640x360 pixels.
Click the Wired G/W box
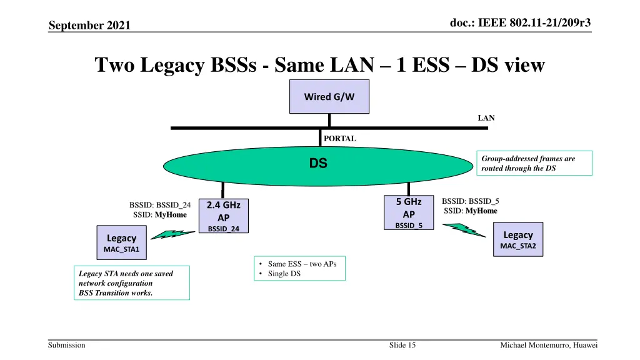(329, 97)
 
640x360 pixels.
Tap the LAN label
(486, 117)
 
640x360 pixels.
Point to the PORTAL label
(340, 139)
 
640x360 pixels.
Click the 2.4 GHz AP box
(223, 216)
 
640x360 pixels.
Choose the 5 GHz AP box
(409, 213)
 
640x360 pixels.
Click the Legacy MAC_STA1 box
(121, 243)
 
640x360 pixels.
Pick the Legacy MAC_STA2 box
(518, 239)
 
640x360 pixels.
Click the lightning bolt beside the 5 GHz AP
(464, 231)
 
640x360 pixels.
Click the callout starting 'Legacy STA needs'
(131, 283)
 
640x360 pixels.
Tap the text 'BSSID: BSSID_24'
(159, 205)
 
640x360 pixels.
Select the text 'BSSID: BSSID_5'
(470, 201)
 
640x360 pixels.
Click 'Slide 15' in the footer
(402, 346)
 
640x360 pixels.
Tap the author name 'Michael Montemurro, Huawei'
(549, 346)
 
